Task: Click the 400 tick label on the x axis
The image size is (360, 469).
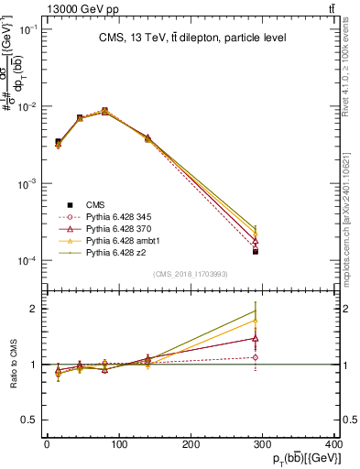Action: [x=334, y=444]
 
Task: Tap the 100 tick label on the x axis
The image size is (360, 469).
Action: [x=118, y=444]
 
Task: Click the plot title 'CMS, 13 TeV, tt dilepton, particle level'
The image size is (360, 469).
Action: [x=192, y=38]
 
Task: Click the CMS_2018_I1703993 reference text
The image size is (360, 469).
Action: [x=191, y=274]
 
